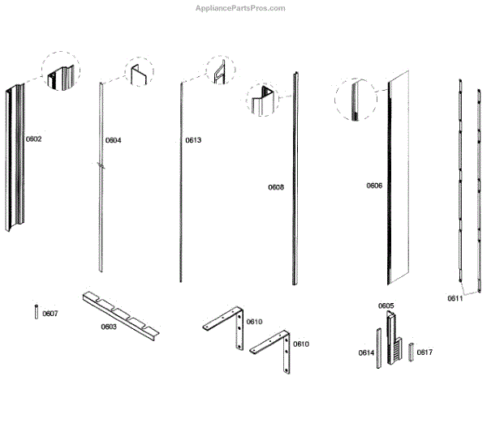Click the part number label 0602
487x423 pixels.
point(33,139)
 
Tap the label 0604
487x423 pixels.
point(113,140)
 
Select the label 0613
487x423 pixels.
point(192,140)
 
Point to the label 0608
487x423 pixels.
point(276,187)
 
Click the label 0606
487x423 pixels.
point(373,186)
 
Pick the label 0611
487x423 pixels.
point(455,298)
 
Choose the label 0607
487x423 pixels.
point(50,314)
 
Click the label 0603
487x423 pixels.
point(109,327)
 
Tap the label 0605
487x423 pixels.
point(386,305)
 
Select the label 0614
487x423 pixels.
point(365,352)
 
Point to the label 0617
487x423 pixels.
point(425,352)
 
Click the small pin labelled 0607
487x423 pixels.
point(37,312)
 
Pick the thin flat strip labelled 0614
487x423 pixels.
point(377,348)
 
